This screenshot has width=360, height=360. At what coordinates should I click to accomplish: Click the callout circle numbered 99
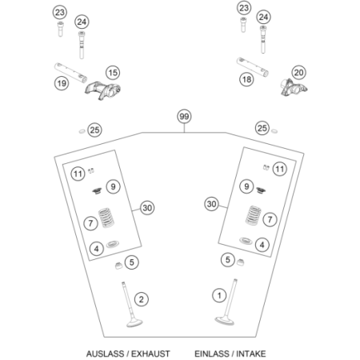pyautogui.click(x=183, y=117)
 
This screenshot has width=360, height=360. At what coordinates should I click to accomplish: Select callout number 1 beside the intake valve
pyautogui.click(x=218, y=295)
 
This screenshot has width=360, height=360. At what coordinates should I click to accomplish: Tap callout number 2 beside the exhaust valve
pyautogui.click(x=141, y=299)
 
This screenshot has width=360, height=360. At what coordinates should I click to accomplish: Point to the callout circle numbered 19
pyautogui.click(x=61, y=83)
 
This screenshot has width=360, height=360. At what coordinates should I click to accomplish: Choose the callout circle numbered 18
pyautogui.click(x=246, y=79)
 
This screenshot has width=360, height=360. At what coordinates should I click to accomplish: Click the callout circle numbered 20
pyautogui.click(x=298, y=72)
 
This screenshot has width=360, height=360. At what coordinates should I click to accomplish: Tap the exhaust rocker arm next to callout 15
pyautogui.click(x=97, y=83)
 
